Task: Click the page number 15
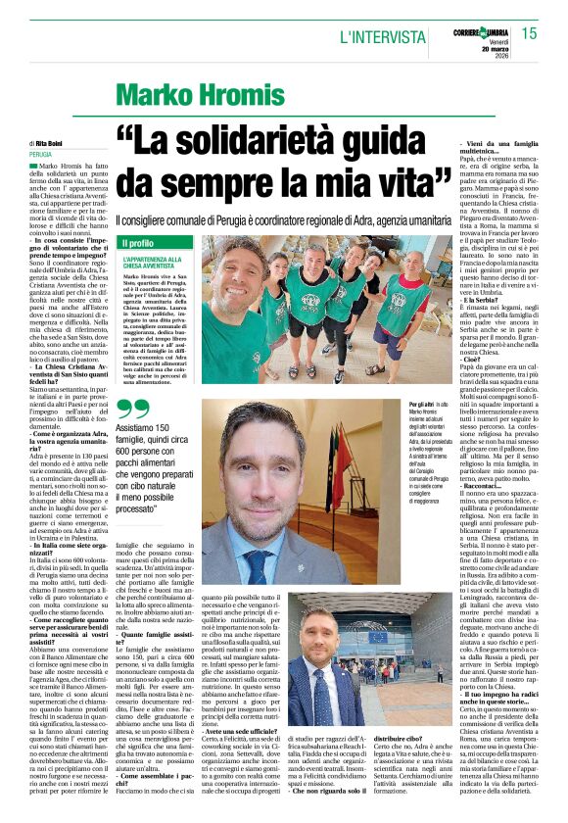point(542,34)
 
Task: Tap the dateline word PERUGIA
point(41,155)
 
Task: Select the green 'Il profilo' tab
point(137,242)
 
